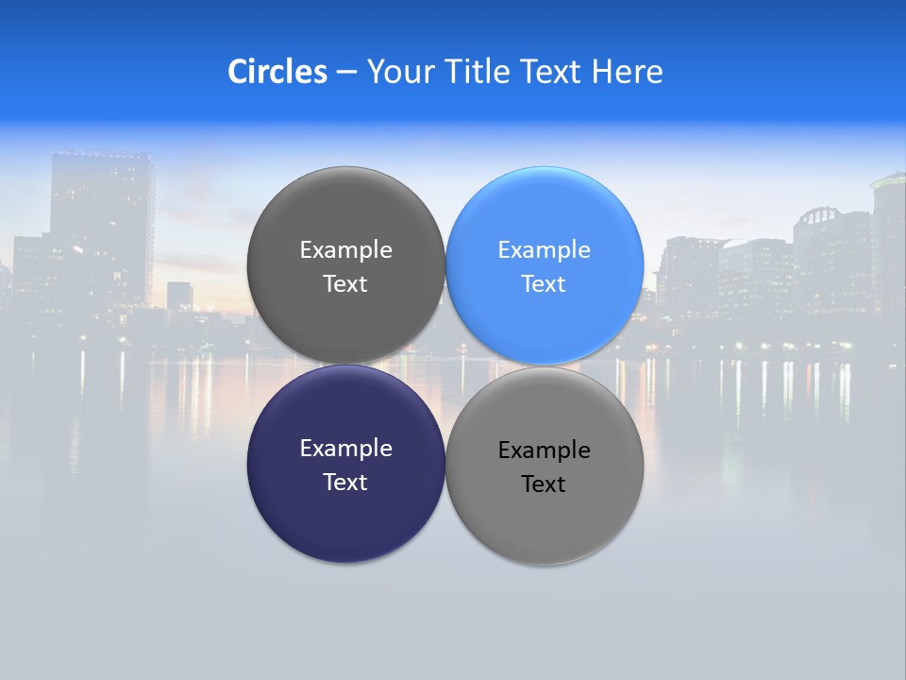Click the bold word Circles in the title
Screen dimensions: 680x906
tap(277, 72)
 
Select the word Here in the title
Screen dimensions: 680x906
tap(627, 72)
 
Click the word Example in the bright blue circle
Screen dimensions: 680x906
tap(544, 250)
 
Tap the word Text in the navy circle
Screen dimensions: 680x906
tap(345, 482)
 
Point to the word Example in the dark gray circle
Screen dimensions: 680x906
tap(345, 250)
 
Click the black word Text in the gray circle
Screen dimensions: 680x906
tap(544, 484)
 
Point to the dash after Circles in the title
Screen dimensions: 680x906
tap(346, 72)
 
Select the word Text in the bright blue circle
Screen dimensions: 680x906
tap(544, 284)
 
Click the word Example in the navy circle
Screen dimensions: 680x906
tap(345, 449)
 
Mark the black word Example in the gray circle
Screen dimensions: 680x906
tap(544, 450)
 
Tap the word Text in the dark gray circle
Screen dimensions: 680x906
tap(345, 284)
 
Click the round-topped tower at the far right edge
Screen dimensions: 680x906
tap(889, 236)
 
